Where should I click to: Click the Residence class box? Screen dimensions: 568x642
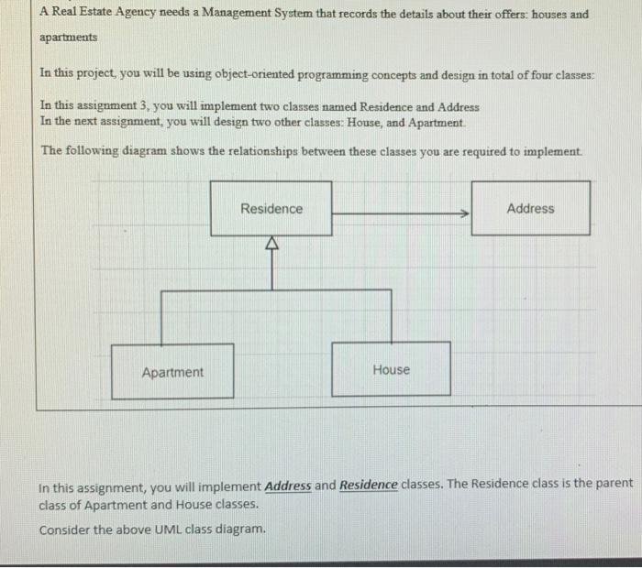[271, 209]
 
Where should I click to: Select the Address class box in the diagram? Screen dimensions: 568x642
[530, 209]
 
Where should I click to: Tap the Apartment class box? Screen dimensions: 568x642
[172, 371]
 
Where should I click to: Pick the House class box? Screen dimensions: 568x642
[391, 369]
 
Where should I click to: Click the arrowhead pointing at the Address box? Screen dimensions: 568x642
[465, 213]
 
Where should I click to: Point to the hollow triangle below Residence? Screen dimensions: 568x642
[271, 244]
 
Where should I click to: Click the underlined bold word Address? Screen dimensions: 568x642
[288, 486]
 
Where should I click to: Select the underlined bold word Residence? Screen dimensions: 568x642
[369, 486]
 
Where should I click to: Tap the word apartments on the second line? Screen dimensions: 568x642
[68, 40]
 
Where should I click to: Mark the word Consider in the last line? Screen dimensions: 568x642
[64, 530]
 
